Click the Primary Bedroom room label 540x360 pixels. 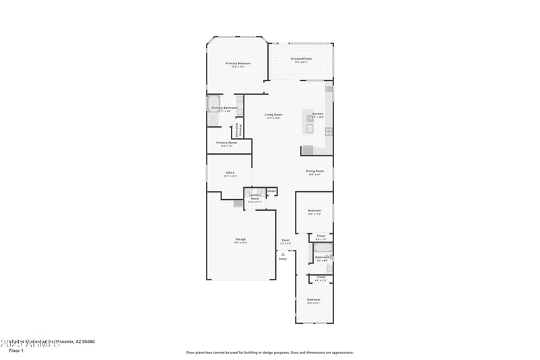pyautogui.click(x=238, y=63)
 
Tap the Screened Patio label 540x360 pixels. pyautogui.click(x=301, y=59)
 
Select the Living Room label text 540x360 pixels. pyautogui.click(x=273, y=115)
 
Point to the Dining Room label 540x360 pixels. pyautogui.click(x=315, y=171)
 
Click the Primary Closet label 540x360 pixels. pyautogui.click(x=226, y=143)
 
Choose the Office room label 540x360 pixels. pyautogui.click(x=230, y=173)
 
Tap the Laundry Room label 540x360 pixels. pyautogui.click(x=255, y=197)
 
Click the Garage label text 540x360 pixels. pyautogui.click(x=240, y=239)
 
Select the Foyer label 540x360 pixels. pyautogui.click(x=286, y=240)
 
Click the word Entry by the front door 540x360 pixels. pyautogui.click(x=283, y=259)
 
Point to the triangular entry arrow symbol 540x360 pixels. pyautogui.click(x=283, y=253)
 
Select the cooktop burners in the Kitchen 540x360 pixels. pyautogui.click(x=329, y=132)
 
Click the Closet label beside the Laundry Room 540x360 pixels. pyautogui.click(x=271, y=191)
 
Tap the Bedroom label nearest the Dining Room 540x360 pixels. pyautogui.click(x=315, y=211)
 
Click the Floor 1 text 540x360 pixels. pyautogui.click(x=16, y=351)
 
